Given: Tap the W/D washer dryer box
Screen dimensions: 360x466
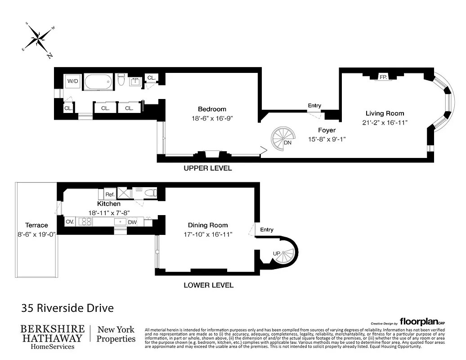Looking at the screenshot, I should click(x=72, y=81).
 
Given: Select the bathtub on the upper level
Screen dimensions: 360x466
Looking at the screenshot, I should click(x=99, y=82).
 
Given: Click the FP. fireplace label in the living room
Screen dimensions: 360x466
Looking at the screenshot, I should click(x=383, y=77).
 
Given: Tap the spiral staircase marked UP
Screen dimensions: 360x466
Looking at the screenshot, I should click(x=282, y=255).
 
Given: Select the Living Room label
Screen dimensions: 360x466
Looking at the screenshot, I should click(x=385, y=113).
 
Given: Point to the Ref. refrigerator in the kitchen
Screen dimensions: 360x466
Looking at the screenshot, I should click(x=110, y=194).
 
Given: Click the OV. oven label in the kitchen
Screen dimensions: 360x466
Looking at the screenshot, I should click(x=70, y=222).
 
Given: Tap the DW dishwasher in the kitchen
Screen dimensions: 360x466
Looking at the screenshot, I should click(x=132, y=222).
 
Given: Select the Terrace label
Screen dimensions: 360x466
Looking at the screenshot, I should click(x=36, y=225).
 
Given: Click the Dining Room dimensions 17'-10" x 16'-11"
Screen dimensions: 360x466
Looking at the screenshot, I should click(x=208, y=234).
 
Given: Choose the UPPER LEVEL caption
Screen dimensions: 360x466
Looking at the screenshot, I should click(x=208, y=168).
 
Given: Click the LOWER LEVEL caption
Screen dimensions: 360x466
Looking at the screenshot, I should click(x=209, y=285).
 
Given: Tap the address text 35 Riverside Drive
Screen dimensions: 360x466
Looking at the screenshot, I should click(x=67, y=308).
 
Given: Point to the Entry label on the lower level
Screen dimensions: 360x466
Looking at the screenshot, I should click(x=267, y=229).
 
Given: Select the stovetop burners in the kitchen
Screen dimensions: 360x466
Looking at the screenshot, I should click(x=85, y=221).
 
